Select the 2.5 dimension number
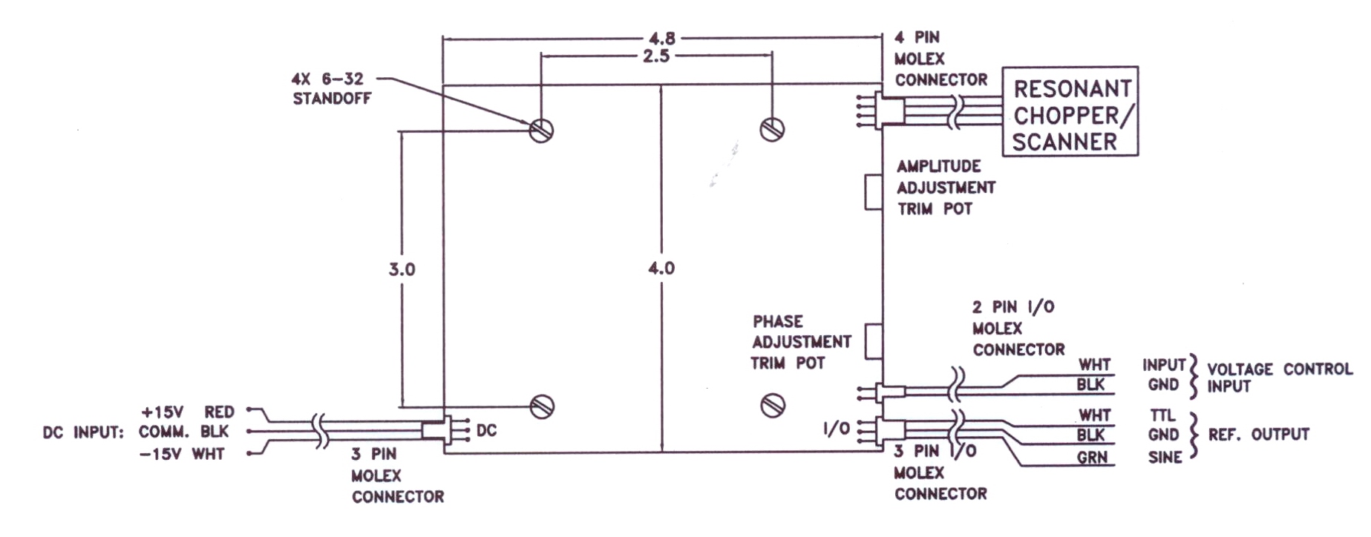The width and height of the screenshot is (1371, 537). point(656,56)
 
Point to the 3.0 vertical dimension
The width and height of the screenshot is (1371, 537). point(402,270)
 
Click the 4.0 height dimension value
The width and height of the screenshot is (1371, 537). point(661,268)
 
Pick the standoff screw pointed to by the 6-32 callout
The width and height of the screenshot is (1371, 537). point(542,131)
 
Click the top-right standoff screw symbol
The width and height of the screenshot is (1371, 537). point(773,129)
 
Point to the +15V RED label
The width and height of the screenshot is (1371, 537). point(188,412)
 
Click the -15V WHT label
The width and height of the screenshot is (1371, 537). point(182,454)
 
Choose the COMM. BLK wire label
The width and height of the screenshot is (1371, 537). point(184,432)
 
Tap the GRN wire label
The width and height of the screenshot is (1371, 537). point(1093,458)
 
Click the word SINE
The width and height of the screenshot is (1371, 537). point(1165,458)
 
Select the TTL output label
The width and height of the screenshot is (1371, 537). point(1162,416)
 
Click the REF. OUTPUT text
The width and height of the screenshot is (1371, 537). point(1259,435)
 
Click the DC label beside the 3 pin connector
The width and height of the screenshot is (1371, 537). point(486,431)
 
